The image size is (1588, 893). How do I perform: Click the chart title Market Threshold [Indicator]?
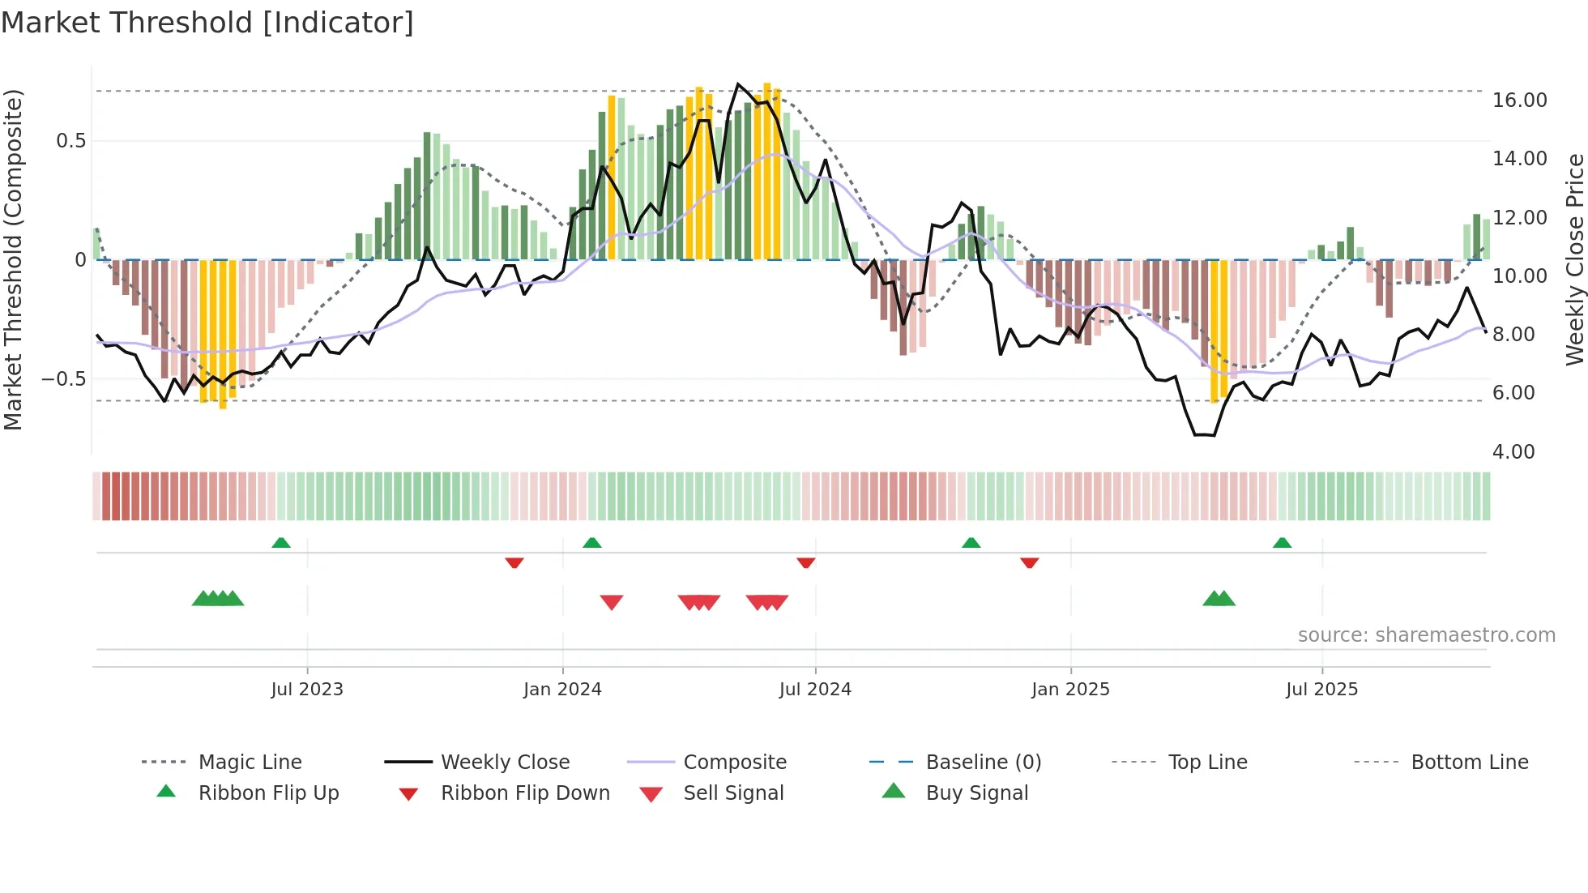pos(207,23)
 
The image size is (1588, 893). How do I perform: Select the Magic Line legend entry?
pos(250,762)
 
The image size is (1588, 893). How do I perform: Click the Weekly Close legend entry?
pos(505,762)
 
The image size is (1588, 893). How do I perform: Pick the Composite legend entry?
pos(734,762)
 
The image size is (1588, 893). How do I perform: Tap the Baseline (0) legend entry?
pos(983,762)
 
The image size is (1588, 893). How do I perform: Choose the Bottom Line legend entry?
pos(1469,762)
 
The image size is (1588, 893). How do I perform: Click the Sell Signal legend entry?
pos(732,793)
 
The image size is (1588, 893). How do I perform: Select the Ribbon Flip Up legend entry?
pos(268,793)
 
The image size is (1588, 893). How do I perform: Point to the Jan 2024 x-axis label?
pos(562,689)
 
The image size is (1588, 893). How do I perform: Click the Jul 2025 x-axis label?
pos(1321,689)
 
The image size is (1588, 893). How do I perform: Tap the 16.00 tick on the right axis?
pos(1519,100)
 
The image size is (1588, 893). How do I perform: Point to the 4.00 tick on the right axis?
pos(1513,451)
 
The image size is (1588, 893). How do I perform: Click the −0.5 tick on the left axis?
pos(64,379)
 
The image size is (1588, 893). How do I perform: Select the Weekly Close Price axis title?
pos(1574,259)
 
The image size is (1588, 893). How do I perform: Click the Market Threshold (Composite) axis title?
pos(13,259)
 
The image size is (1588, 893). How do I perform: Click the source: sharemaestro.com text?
pos(1426,634)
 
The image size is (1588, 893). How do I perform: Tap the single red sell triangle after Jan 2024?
pos(612,602)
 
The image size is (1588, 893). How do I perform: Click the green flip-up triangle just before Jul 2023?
pos(281,542)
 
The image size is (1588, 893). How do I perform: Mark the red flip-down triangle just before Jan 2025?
pos(1030,562)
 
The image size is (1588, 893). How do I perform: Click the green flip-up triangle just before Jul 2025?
pos(1282,542)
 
